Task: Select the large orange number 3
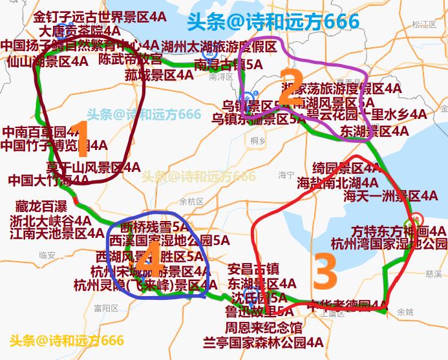coord(325,271)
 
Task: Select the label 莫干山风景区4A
coord(93,168)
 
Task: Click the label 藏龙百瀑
coord(41,207)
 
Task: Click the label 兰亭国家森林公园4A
coord(263,342)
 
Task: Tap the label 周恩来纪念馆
coord(263,328)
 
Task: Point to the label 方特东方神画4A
coord(399,231)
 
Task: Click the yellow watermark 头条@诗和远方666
coord(67,340)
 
